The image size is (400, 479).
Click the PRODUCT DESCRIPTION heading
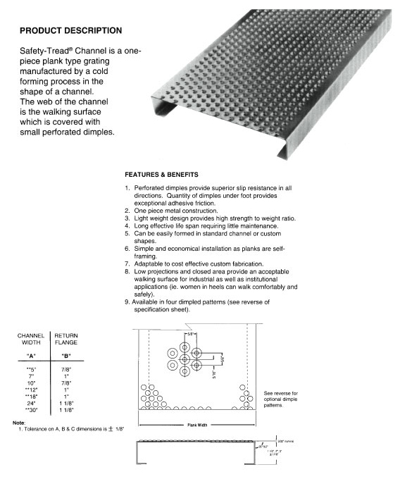[x=70, y=31]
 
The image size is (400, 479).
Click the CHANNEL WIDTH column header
[x=31, y=339]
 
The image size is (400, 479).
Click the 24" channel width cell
[x=31, y=402]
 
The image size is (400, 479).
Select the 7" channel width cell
[x=31, y=377]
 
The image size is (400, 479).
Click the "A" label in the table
[x=31, y=356]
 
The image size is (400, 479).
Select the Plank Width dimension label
[x=196, y=425]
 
